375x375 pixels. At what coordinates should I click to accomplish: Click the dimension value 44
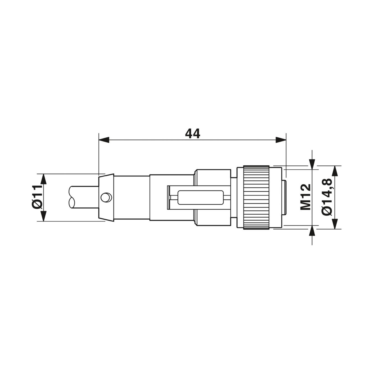(192, 134)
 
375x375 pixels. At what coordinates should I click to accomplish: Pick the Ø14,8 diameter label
(327, 197)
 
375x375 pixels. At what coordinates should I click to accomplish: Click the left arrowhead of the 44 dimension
(104, 140)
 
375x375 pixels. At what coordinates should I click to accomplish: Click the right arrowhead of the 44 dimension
(281, 140)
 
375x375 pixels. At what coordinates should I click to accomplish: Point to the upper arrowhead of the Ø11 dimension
(44, 179)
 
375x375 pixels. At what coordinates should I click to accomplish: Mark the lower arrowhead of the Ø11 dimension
(44, 216)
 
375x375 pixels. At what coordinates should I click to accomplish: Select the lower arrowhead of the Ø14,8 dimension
(335, 224)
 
